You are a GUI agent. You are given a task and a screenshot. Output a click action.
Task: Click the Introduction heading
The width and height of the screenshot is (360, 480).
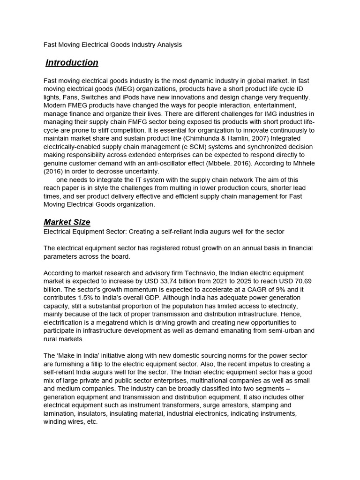[x=72, y=63]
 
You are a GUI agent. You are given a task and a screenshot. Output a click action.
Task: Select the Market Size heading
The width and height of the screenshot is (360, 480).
[x=67, y=222]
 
